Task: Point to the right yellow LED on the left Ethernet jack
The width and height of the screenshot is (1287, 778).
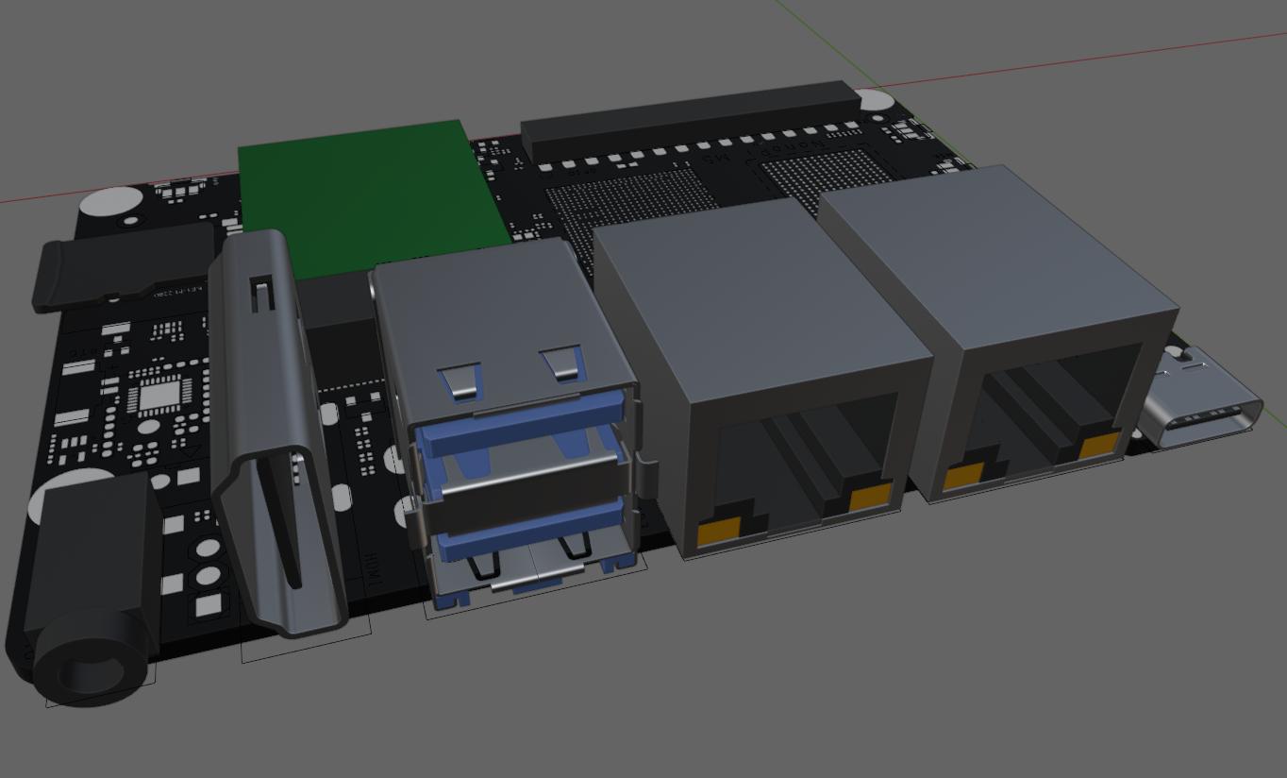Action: pyautogui.click(x=870, y=497)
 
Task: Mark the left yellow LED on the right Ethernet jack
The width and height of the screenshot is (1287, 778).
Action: pyautogui.click(x=963, y=477)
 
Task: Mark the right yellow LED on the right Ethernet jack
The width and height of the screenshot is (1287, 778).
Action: pyautogui.click(x=1098, y=446)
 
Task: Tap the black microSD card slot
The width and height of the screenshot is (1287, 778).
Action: pyautogui.click(x=123, y=269)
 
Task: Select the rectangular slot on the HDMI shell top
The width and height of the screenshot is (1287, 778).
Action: pyautogui.click(x=261, y=294)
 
